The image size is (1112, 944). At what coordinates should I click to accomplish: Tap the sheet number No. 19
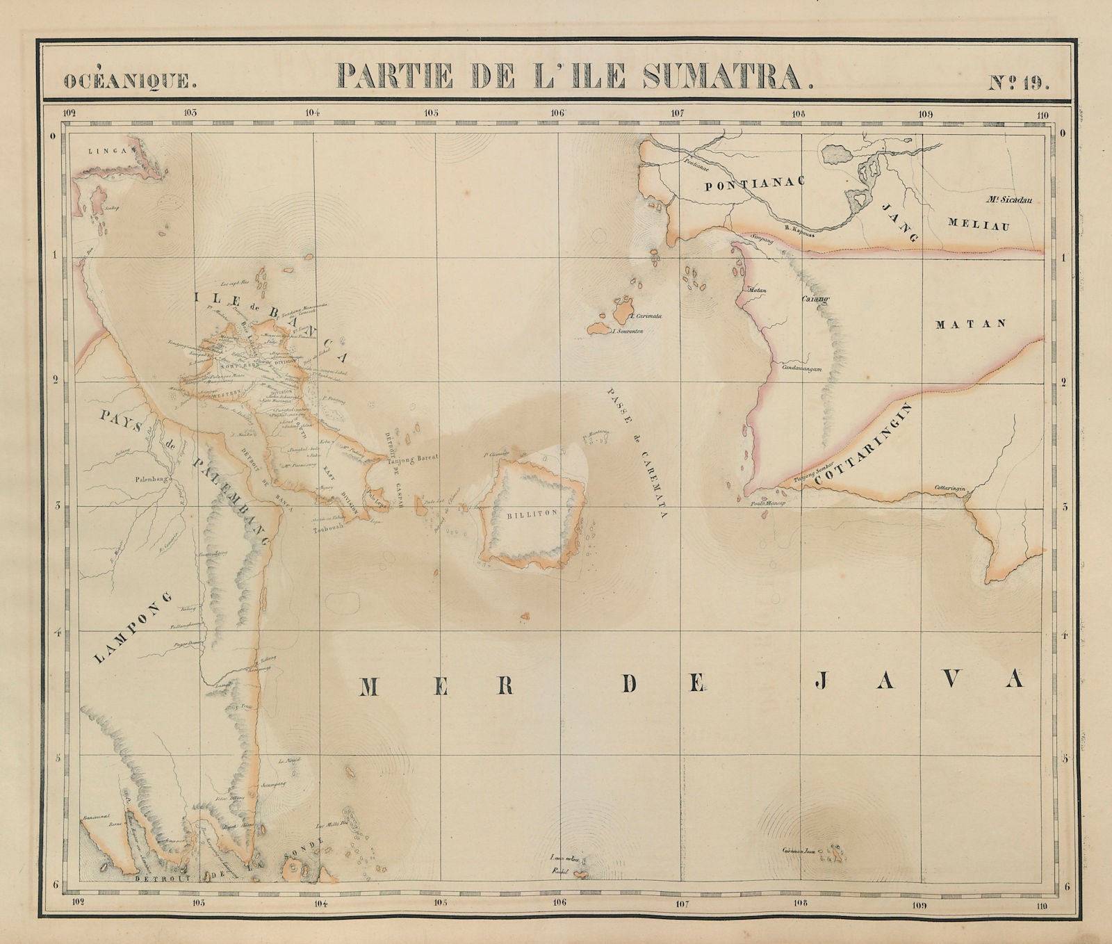pyautogui.click(x=1020, y=81)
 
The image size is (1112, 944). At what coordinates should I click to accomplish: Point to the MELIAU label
pyautogui.click(x=980, y=225)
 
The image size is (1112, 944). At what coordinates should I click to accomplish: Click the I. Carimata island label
pyautogui.click(x=647, y=316)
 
